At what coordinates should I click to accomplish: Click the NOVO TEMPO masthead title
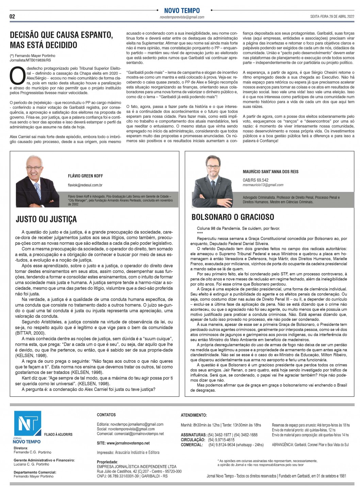coord(182,11)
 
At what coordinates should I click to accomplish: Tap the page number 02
coord(12,17)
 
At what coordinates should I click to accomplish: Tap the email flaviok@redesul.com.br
coord(85,185)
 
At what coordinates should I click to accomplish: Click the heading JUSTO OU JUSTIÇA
coord(46,219)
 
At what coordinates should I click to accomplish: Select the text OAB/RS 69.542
coord(256,180)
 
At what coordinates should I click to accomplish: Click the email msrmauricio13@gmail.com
coord(263,185)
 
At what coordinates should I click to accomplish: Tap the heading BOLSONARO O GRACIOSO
coord(233,217)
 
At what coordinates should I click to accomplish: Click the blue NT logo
coord(28,424)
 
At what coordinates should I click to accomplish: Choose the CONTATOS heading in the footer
coord(106,415)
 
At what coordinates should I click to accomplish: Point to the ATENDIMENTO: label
coord(194,415)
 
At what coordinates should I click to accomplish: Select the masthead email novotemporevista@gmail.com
coord(182,17)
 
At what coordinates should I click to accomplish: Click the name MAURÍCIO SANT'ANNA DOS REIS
coord(271,171)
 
